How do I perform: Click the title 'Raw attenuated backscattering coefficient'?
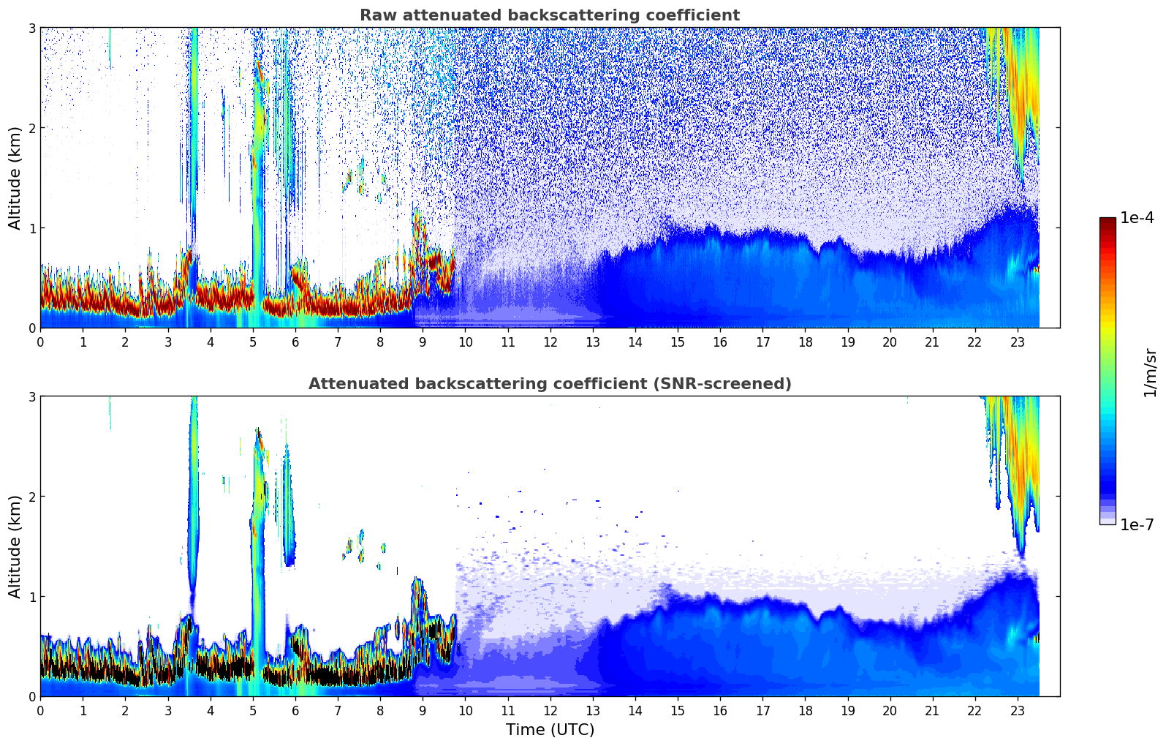[549, 15]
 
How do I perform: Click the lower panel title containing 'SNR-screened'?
[549, 384]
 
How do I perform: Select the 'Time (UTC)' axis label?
[550, 730]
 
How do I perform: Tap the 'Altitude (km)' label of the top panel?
[15, 178]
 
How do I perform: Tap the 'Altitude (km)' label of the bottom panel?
[15, 546]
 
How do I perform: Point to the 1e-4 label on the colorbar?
[1137, 218]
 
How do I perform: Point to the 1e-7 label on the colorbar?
[1137, 524]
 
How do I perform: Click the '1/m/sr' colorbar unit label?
[1150, 372]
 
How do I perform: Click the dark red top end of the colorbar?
[1108, 220]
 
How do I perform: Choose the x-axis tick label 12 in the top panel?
[550, 342]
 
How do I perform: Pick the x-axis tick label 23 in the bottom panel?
[1018, 710]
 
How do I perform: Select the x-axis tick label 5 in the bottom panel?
[253, 710]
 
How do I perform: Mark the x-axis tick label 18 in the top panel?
[805, 342]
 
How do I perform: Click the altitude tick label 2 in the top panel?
[31, 128]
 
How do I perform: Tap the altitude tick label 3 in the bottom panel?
[31, 396]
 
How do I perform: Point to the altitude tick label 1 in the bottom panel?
[31, 597]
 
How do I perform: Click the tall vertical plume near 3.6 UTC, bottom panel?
[193, 497]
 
